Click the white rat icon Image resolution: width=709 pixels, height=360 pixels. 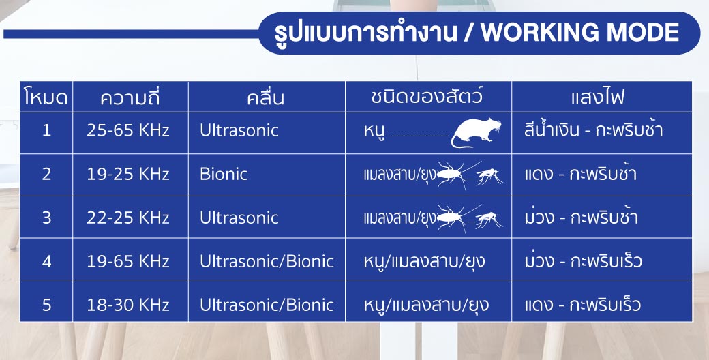click(x=476, y=133)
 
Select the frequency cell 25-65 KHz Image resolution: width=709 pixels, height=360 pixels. click(x=128, y=131)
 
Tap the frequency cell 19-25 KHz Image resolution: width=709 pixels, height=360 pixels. click(x=128, y=174)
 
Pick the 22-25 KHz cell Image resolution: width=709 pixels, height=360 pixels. click(x=128, y=218)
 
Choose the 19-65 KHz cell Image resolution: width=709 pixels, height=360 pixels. click(x=128, y=261)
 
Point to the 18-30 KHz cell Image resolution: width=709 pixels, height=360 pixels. click(x=128, y=305)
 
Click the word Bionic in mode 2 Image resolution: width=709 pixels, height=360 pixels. click(x=224, y=174)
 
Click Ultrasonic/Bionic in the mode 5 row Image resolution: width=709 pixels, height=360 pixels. click(x=267, y=305)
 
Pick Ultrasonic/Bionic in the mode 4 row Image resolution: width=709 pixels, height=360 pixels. click(x=267, y=261)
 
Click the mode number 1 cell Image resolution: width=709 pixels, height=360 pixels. click(x=46, y=131)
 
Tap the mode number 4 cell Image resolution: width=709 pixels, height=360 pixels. click(x=46, y=261)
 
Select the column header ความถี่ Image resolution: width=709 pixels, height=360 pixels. click(x=130, y=97)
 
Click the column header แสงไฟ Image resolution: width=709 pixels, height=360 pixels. click(x=598, y=97)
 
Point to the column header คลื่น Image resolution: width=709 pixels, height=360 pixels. click(x=266, y=97)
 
